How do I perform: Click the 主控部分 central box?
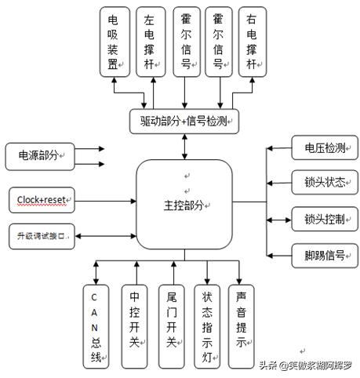click(x=184, y=205)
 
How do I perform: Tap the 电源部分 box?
click(x=38, y=155)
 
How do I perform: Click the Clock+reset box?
click(x=41, y=200)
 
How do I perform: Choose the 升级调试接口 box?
click(x=41, y=236)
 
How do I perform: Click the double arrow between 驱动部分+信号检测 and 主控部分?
click(x=184, y=147)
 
